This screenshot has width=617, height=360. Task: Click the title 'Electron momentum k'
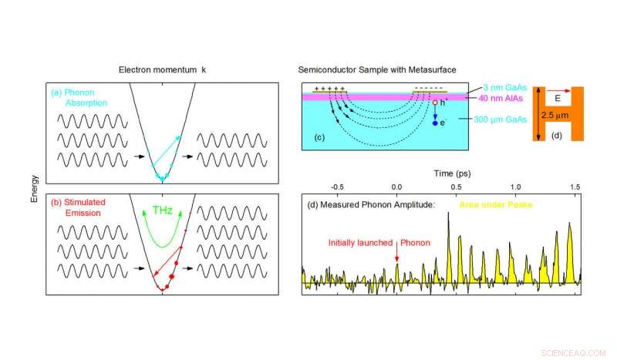[162, 69]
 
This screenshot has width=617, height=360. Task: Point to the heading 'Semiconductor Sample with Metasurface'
[373, 69]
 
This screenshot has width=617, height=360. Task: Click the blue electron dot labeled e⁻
[435, 123]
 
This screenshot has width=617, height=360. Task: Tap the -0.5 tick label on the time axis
[337, 187]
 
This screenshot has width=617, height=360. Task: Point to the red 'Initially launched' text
[360, 241]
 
